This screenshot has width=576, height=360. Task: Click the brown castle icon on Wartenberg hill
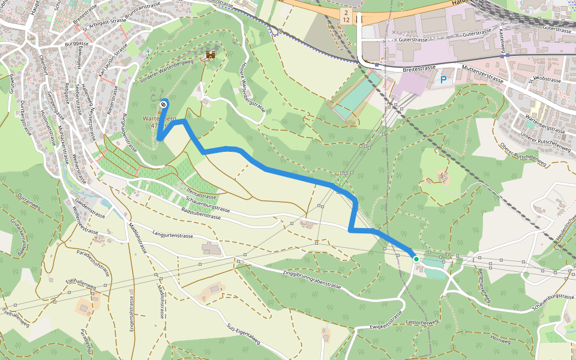point(211,55)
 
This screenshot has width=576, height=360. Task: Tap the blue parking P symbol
point(444,79)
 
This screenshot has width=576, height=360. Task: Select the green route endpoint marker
point(416,259)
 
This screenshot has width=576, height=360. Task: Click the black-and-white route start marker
point(163,105)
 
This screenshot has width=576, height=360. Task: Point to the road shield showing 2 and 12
point(346,16)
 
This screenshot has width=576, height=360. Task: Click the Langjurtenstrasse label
point(173,236)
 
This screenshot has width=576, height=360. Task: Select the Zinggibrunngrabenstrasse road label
point(313,280)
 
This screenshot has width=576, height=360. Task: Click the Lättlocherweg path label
point(423,322)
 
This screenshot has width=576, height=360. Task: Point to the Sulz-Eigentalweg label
point(244,334)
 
